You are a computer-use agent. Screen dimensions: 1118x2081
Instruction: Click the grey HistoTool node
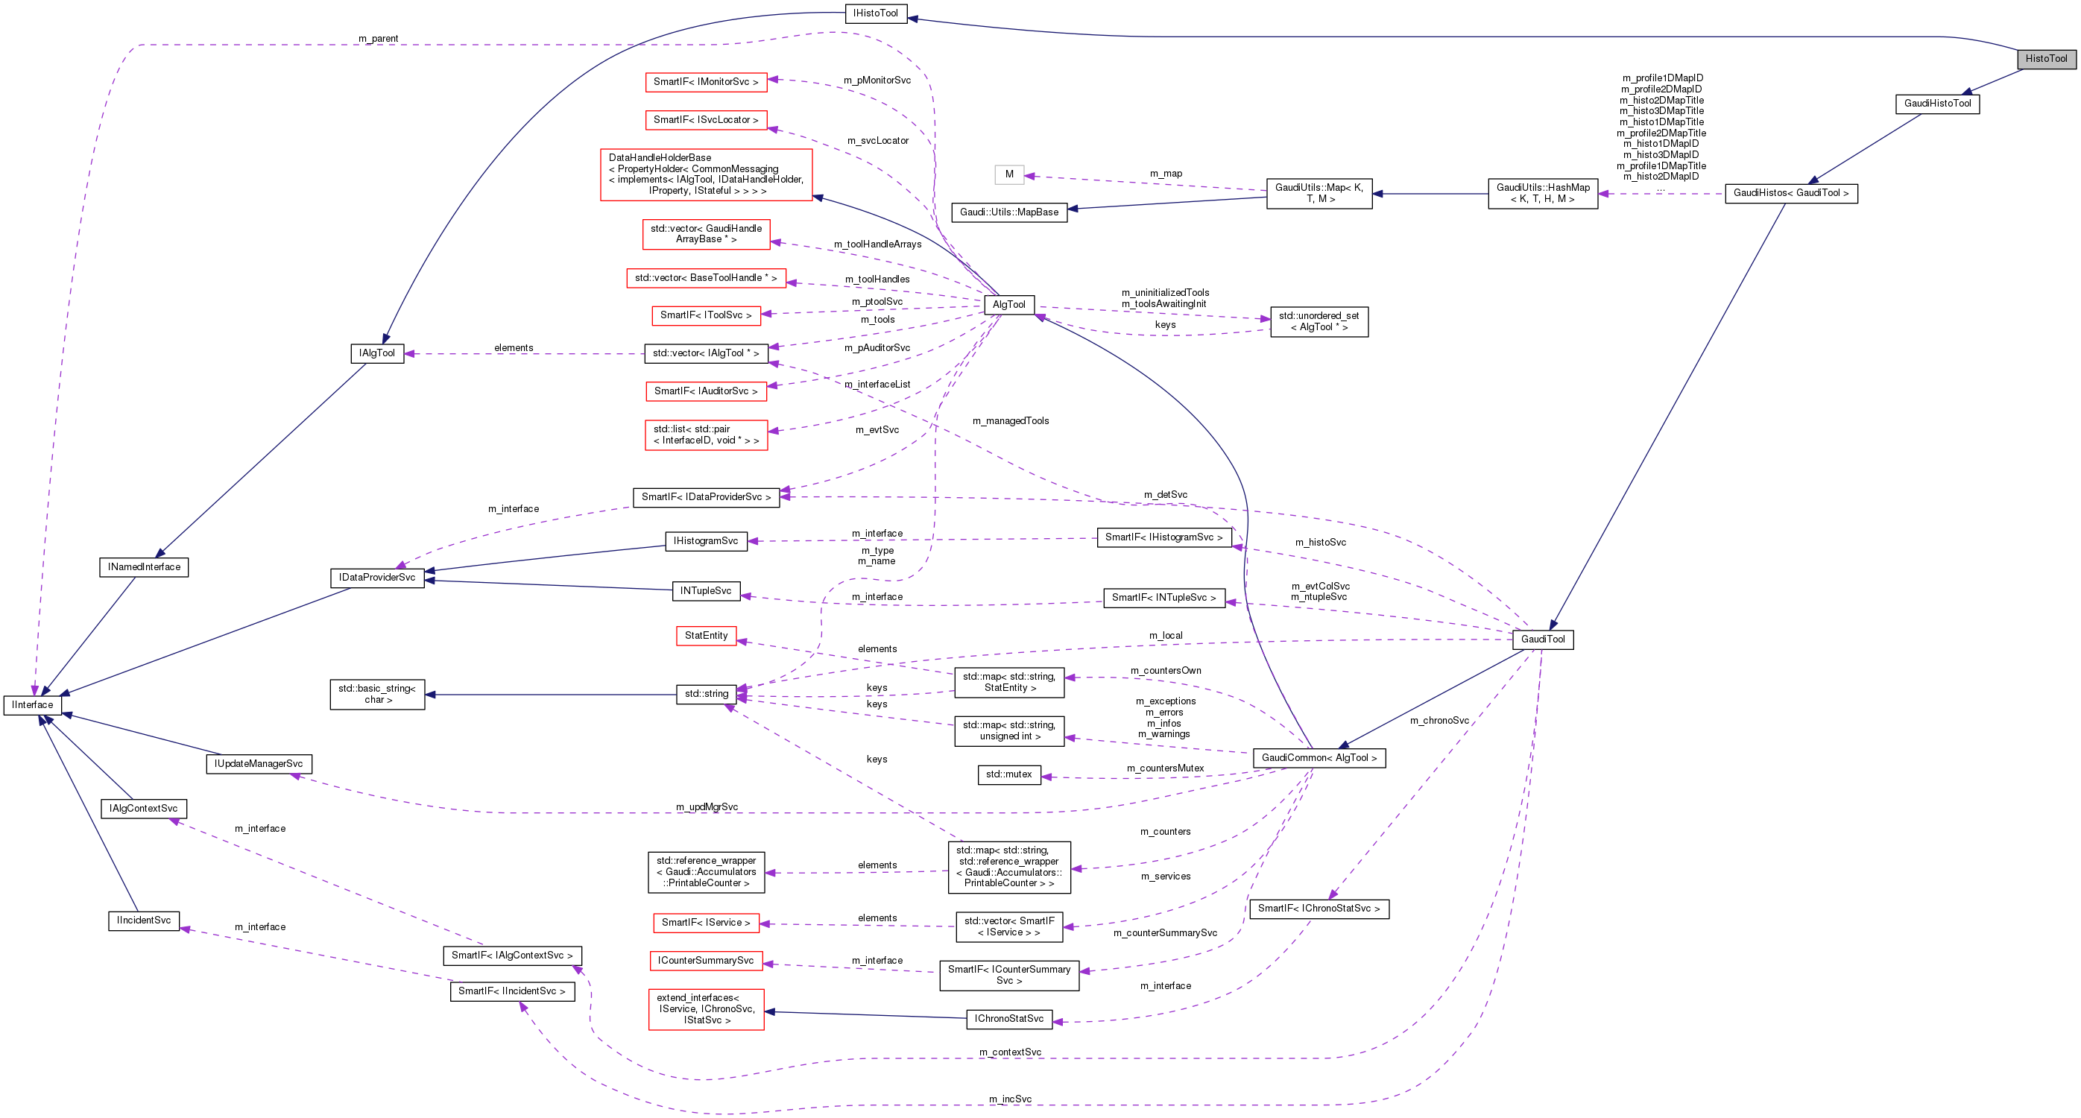[x=2045, y=59]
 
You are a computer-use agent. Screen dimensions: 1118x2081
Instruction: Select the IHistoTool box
[x=875, y=13]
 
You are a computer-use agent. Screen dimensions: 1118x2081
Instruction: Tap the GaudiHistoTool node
[x=1936, y=104]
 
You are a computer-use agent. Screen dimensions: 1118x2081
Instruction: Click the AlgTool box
[x=1008, y=305]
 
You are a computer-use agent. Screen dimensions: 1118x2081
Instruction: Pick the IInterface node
[x=32, y=705]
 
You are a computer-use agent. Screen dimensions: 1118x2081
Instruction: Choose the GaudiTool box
[x=1542, y=639]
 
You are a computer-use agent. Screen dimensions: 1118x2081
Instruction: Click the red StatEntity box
[x=706, y=636]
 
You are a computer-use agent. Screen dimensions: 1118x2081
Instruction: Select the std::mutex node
[x=1008, y=774]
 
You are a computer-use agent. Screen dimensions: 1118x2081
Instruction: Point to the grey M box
[x=1009, y=174]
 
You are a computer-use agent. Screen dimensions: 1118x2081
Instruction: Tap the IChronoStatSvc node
[x=1008, y=1019]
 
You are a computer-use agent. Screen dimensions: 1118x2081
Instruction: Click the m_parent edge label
[x=378, y=39]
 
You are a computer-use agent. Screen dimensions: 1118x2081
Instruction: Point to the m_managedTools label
[x=1010, y=421]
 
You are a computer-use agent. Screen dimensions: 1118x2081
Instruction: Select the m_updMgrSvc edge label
[x=707, y=807]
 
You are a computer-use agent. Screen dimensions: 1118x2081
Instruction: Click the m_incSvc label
[x=1010, y=1099]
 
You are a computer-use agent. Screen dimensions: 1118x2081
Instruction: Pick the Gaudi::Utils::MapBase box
[x=1008, y=212]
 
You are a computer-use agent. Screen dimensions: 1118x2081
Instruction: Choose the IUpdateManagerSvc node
[x=259, y=764]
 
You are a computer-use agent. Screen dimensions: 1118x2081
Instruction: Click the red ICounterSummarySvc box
[x=705, y=961]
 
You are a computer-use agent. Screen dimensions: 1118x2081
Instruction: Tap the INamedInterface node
[x=144, y=567]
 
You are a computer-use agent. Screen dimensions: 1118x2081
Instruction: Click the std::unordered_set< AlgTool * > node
[x=1319, y=321]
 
